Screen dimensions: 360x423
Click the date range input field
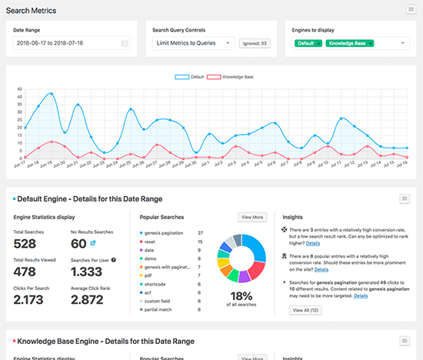click(x=68, y=43)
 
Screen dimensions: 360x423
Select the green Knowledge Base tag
click(x=349, y=44)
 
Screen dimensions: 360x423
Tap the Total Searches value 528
click(x=30, y=244)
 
